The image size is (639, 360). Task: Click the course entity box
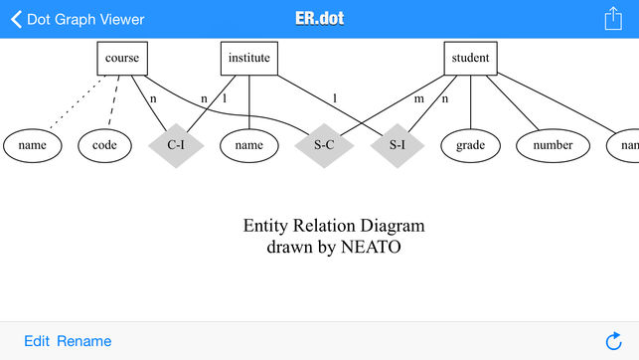pos(122,58)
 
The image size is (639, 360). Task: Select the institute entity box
pos(248,58)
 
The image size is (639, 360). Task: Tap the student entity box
pos(470,58)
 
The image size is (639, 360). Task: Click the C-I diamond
pos(176,145)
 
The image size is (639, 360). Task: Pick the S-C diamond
pos(324,145)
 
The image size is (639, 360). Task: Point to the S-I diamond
pos(398,145)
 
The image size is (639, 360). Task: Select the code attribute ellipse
pos(104,145)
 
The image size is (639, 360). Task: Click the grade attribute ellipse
pos(470,145)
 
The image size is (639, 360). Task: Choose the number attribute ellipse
pos(553,145)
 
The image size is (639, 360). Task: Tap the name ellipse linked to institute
pos(248,145)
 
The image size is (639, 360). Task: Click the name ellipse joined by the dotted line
pos(33,145)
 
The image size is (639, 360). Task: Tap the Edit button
pos(37,341)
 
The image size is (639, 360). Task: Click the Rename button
pos(83,341)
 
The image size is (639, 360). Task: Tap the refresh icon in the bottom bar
pos(613,341)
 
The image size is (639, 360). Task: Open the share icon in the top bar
pos(612,18)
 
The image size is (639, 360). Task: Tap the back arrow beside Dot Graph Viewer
pos(16,19)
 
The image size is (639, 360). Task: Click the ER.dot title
pos(319,19)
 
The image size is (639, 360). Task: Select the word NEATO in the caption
pos(371,247)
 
